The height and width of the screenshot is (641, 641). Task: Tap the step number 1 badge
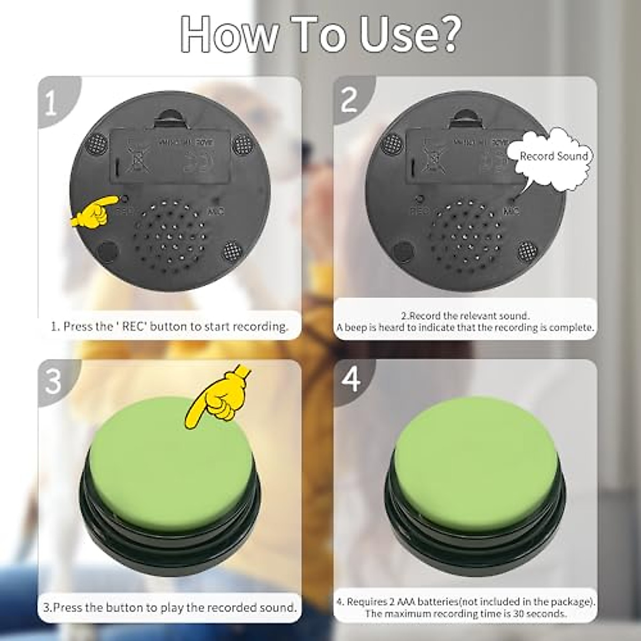[51, 103]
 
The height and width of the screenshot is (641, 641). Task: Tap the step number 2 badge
[348, 99]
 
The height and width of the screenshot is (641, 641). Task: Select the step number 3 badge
[52, 381]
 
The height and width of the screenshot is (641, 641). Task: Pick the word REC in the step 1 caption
[134, 326]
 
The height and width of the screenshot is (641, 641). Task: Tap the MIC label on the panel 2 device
[511, 212]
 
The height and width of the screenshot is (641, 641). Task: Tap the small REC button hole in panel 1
[125, 199]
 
